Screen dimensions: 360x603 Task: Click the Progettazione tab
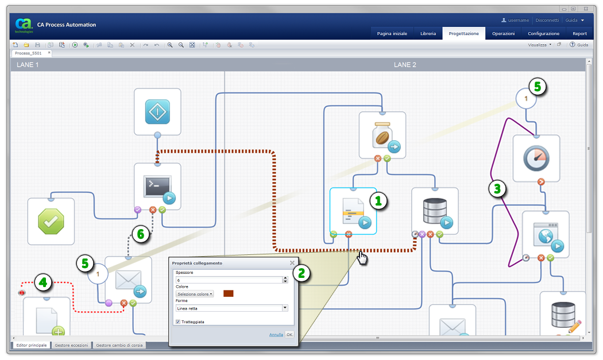[463, 34]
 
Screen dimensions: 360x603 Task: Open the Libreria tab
[428, 34]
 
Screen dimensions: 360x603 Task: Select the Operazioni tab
[503, 34]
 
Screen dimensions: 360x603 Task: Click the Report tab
[579, 34]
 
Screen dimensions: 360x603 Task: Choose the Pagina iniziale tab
[392, 34]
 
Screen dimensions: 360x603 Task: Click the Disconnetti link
[547, 20]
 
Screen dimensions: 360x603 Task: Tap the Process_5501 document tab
[29, 53]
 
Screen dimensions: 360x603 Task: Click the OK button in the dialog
[289, 334]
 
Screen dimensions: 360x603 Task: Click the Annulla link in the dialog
[276, 334]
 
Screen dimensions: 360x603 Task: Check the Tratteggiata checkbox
[178, 322]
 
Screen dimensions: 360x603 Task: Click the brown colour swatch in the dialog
[228, 293]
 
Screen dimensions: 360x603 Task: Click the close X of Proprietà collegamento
[292, 263]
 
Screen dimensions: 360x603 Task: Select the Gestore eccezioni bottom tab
[71, 345]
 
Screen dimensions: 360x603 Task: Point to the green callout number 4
[42, 282]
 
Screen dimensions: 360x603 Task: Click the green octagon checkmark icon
[51, 222]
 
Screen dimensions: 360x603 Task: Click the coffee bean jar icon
[382, 136]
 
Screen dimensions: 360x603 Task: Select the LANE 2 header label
[405, 65]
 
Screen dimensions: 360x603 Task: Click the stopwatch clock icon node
[536, 158]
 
